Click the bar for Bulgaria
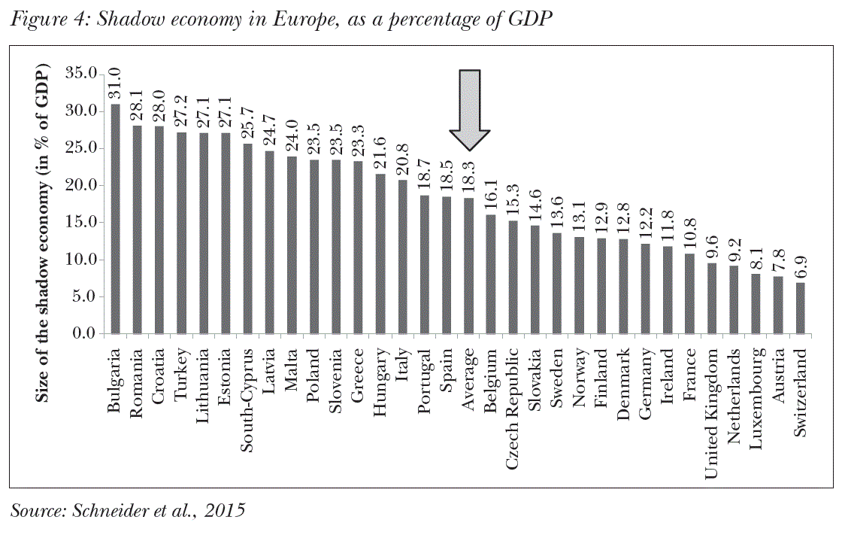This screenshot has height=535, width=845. [116, 219]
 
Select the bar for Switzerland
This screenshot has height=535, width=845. [801, 308]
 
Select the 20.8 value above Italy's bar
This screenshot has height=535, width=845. [403, 161]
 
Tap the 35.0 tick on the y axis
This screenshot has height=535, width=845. [81, 74]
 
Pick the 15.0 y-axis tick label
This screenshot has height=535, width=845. [81, 222]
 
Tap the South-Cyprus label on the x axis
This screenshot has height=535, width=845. [248, 398]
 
